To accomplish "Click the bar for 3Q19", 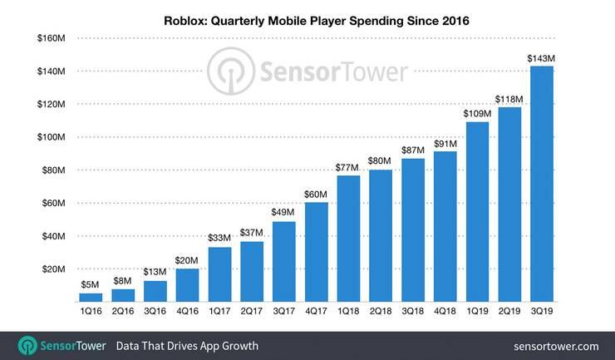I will [x=542, y=184].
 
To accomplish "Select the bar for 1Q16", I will [x=91, y=297].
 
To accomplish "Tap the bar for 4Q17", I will [x=317, y=251].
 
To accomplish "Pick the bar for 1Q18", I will [x=348, y=238].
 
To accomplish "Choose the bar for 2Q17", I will [x=252, y=271].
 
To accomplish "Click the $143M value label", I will [x=542, y=58].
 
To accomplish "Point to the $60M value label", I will [x=317, y=194].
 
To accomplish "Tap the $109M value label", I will [x=477, y=114].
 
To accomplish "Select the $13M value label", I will [x=155, y=272].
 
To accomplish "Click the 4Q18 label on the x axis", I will [x=445, y=312].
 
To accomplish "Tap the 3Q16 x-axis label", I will [x=155, y=312].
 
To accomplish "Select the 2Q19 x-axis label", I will [x=509, y=312].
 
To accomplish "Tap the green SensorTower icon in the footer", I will [x=27, y=345].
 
